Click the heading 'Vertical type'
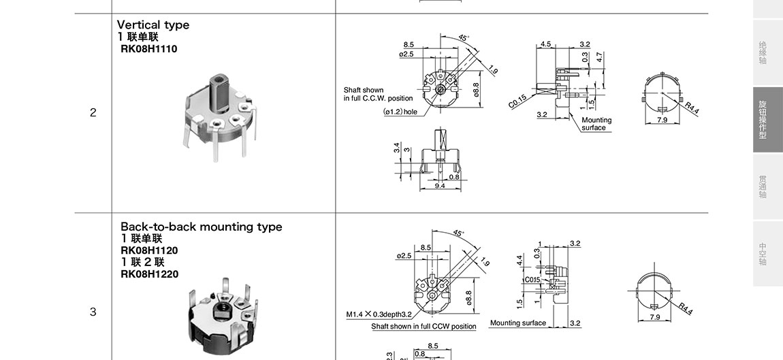coord(153,25)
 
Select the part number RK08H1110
coord(148,48)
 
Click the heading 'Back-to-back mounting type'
coord(201,227)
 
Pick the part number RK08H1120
coord(149,250)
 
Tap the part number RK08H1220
coord(149,274)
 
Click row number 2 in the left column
coord(93,113)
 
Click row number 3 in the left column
coord(93,312)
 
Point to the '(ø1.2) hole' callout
coord(400,112)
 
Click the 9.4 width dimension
coord(439,186)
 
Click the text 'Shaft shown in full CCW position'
coord(424,327)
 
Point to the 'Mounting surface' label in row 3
coord(517,323)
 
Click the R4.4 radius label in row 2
coord(692,108)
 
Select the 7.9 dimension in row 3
coord(655,317)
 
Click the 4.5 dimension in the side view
coord(546,44)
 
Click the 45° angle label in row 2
coord(464,38)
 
